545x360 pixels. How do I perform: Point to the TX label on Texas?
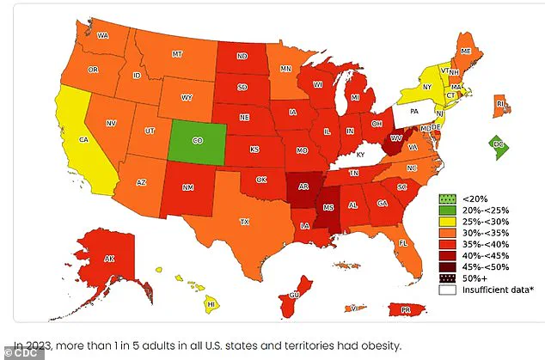click(244, 222)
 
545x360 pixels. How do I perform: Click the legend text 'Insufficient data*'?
click(490, 290)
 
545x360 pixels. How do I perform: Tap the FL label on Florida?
click(402, 243)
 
